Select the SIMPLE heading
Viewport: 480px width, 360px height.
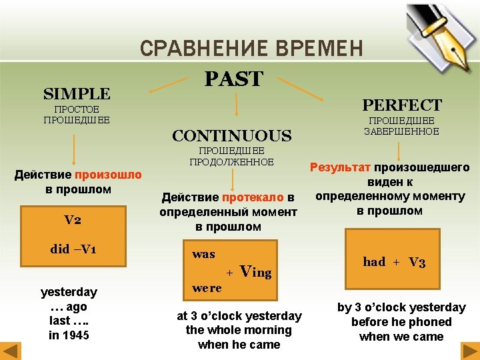(77, 93)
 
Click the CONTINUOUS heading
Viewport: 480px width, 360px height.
(231, 136)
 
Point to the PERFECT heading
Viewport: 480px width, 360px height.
(401, 105)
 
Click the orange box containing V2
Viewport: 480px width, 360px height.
(73, 220)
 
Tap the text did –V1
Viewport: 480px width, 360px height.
(73, 249)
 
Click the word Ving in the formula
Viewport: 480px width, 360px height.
(255, 272)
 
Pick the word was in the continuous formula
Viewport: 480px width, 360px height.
(203, 254)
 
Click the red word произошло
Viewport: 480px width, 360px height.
(108, 175)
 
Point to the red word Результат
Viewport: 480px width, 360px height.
(340, 167)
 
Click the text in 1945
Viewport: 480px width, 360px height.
(69, 335)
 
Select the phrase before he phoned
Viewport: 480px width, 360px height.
(401, 322)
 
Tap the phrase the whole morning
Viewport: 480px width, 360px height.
(239, 330)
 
